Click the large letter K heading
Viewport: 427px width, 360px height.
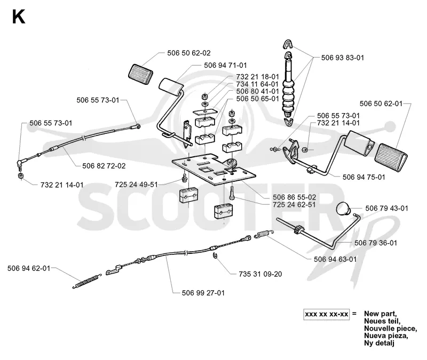click(x=19, y=17)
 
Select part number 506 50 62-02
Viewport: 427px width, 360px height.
click(x=189, y=53)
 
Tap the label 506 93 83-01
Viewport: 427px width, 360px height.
click(x=343, y=58)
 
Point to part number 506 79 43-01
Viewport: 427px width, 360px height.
click(x=386, y=209)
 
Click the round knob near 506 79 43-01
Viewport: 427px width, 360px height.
click(x=344, y=209)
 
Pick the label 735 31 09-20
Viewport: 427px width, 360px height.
click(x=260, y=274)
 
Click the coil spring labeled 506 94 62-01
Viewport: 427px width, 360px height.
click(x=87, y=281)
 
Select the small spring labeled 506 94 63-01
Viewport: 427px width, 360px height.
click(x=264, y=234)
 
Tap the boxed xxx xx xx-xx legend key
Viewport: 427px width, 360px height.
click(x=326, y=314)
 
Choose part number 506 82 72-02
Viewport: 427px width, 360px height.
click(x=104, y=166)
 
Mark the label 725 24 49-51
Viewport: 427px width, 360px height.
click(x=136, y=185)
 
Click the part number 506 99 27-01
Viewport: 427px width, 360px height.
click(x=203, y=293)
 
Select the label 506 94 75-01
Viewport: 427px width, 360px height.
click(x=364, y=177)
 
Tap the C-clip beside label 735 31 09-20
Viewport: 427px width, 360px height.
click(x=215, y=256)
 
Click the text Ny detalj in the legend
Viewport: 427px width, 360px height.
click(x=379, y=343)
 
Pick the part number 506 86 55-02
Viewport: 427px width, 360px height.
click(x=295, y=197)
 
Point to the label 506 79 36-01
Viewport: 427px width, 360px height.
click(x=376, y=243)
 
